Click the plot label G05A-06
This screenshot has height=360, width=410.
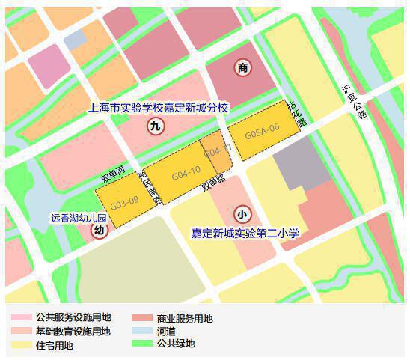pyautogui.click(x=263, y=128)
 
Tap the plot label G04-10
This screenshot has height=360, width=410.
pyautogui.click(x=186, y=174)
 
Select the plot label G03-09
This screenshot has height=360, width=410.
pyautogui.click(x=124, y=202)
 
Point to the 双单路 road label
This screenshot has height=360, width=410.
pyautogui.click(x=213, y=181)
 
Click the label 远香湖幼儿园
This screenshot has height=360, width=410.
pyautogui.click(x=79, y=219)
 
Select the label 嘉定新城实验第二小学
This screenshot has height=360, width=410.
pyautogui.click(x=245, y=234)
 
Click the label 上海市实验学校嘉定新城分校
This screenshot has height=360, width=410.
pyautogui.click(x=158, y=108)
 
